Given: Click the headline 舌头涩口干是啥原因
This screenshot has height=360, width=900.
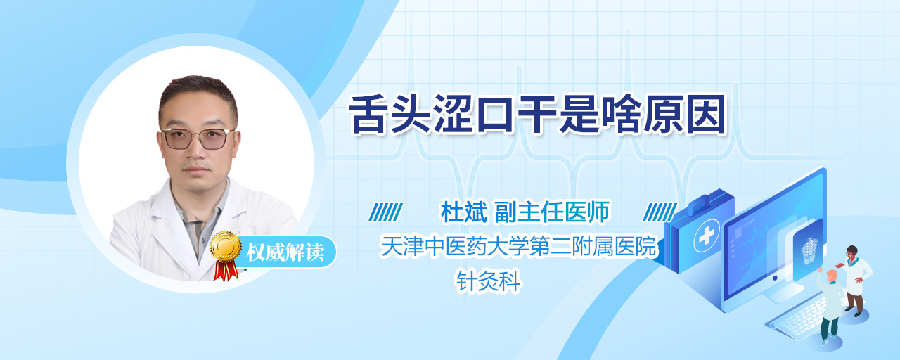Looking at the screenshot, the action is (x=537, y=115).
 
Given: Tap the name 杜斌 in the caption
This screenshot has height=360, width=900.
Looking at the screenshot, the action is (x=463, y=212).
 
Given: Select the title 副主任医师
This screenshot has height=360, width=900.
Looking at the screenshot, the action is (x=552, y=212).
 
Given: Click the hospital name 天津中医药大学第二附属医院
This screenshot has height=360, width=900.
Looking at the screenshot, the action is (x=518, y=246).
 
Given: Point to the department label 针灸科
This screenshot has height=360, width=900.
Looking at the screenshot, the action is (x=488, y=281).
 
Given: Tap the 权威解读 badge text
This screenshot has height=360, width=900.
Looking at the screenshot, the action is (x=285, y=252).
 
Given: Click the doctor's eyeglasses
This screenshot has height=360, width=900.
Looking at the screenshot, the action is (x=198, y=139).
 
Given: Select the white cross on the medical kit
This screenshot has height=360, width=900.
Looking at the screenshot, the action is (x=707, y=236).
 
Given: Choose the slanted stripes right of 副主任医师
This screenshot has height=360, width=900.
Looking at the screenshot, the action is (x=660, y=212).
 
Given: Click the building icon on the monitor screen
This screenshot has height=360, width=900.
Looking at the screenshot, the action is (x=809, y=250).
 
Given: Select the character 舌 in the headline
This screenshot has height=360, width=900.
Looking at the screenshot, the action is (x=368, y=115).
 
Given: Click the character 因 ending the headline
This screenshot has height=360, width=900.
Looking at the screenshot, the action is (x=707, y=115).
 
